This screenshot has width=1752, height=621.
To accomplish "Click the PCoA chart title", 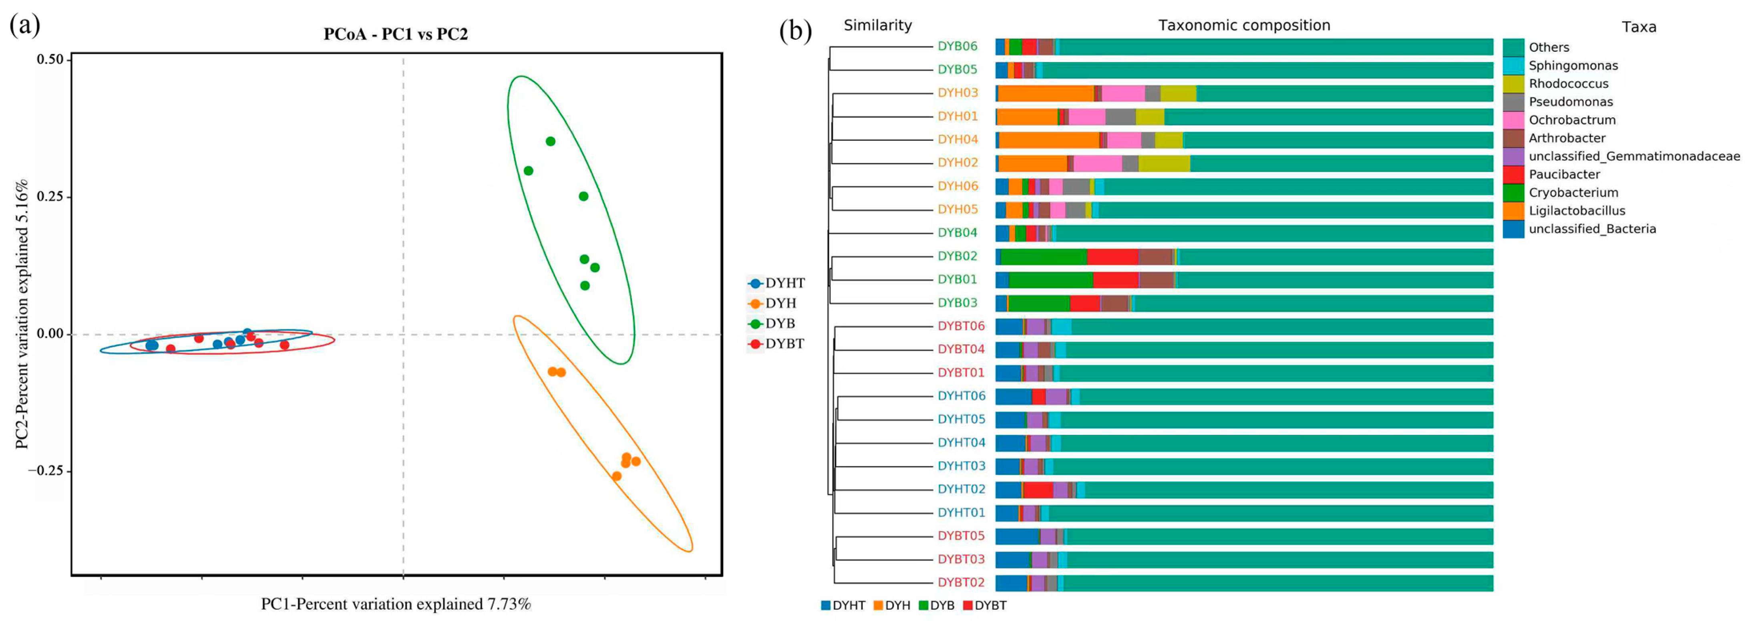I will click(395, 34).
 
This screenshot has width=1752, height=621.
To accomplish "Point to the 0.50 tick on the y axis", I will click(50, 60).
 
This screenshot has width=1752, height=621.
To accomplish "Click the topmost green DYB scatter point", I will click(550, 141).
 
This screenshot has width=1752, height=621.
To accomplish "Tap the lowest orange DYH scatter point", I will click(616, 476).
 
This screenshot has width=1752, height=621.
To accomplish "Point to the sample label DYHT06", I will click(961, 396).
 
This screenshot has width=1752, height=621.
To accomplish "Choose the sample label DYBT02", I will click(961, 582).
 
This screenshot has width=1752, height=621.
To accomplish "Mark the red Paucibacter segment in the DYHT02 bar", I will click(1038, 490).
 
